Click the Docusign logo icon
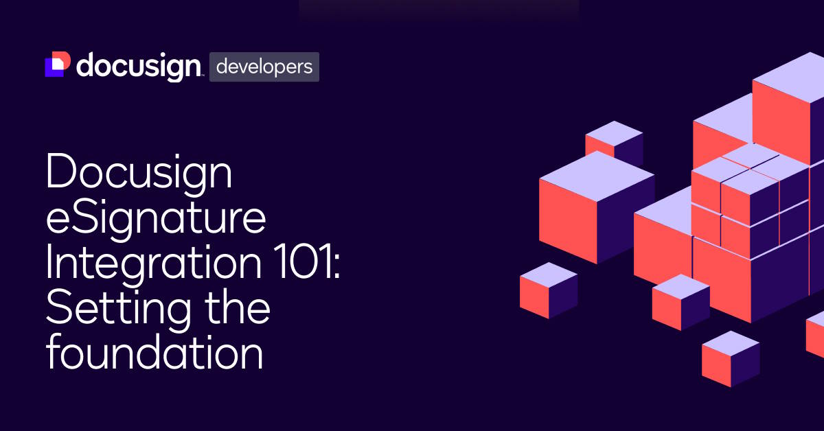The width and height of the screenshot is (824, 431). [x=57, y=65]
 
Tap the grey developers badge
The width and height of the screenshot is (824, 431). [x=264, y=67]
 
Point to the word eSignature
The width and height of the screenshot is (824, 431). [x=155, y=220]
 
